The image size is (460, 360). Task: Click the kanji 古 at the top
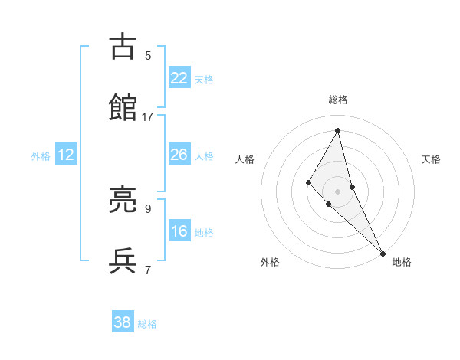point(123,47)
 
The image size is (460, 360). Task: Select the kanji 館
point(123,108)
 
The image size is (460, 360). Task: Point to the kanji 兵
point(123,260)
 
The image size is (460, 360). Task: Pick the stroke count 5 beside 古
point(148,56)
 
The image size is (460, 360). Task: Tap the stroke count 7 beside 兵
point(148,269)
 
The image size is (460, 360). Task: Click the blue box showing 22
point(179,77)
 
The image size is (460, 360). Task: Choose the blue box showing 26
point(179,155)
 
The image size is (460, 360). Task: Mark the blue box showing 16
point(179,231)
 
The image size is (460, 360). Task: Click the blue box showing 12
point(65,155)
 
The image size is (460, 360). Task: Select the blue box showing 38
point(122,322)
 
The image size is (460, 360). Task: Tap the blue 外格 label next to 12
point(41,156)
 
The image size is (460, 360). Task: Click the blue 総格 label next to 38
point(147,324)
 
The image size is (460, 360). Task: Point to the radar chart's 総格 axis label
point(338,100)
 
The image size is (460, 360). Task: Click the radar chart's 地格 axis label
point(402,262)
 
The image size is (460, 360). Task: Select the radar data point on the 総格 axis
point(337,130)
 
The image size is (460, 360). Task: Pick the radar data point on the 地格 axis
point(383,253)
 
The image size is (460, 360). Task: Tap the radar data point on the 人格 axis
point(309,182)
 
